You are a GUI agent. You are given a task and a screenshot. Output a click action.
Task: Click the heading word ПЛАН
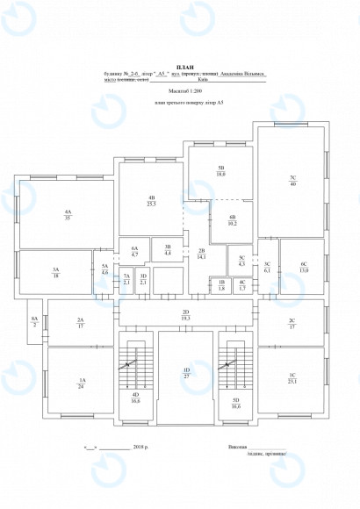click(x=184, y=68)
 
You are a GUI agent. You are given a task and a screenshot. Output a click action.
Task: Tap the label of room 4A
click(x=68, y=214)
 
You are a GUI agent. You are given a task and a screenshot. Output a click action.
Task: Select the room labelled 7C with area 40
click(x=292, y=181)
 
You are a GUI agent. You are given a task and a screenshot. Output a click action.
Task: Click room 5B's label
click(x=221, y=171)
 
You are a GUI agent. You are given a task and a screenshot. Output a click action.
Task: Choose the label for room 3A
click(x=55, y=272)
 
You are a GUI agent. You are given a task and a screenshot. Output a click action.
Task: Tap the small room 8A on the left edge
click(x=34, y=321)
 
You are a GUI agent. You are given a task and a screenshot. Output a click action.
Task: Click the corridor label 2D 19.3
click(x=185, y=315)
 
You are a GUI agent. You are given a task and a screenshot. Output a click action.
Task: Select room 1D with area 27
click(x=186, y=373)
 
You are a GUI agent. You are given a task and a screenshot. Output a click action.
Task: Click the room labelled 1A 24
click(x=81, y=382)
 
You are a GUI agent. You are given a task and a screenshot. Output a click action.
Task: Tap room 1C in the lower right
click(x=292, y=379)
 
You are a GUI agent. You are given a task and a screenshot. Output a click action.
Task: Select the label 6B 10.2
click(x=232, y=221)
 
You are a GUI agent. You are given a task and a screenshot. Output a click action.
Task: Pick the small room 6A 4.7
click(x=134, y=251)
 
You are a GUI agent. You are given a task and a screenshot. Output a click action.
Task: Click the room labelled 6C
click(x=303, y=267)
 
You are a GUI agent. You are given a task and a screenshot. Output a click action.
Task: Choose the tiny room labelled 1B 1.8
click(x=221, y=284)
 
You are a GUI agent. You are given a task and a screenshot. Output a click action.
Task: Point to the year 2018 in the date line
click(x=139, y=447)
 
